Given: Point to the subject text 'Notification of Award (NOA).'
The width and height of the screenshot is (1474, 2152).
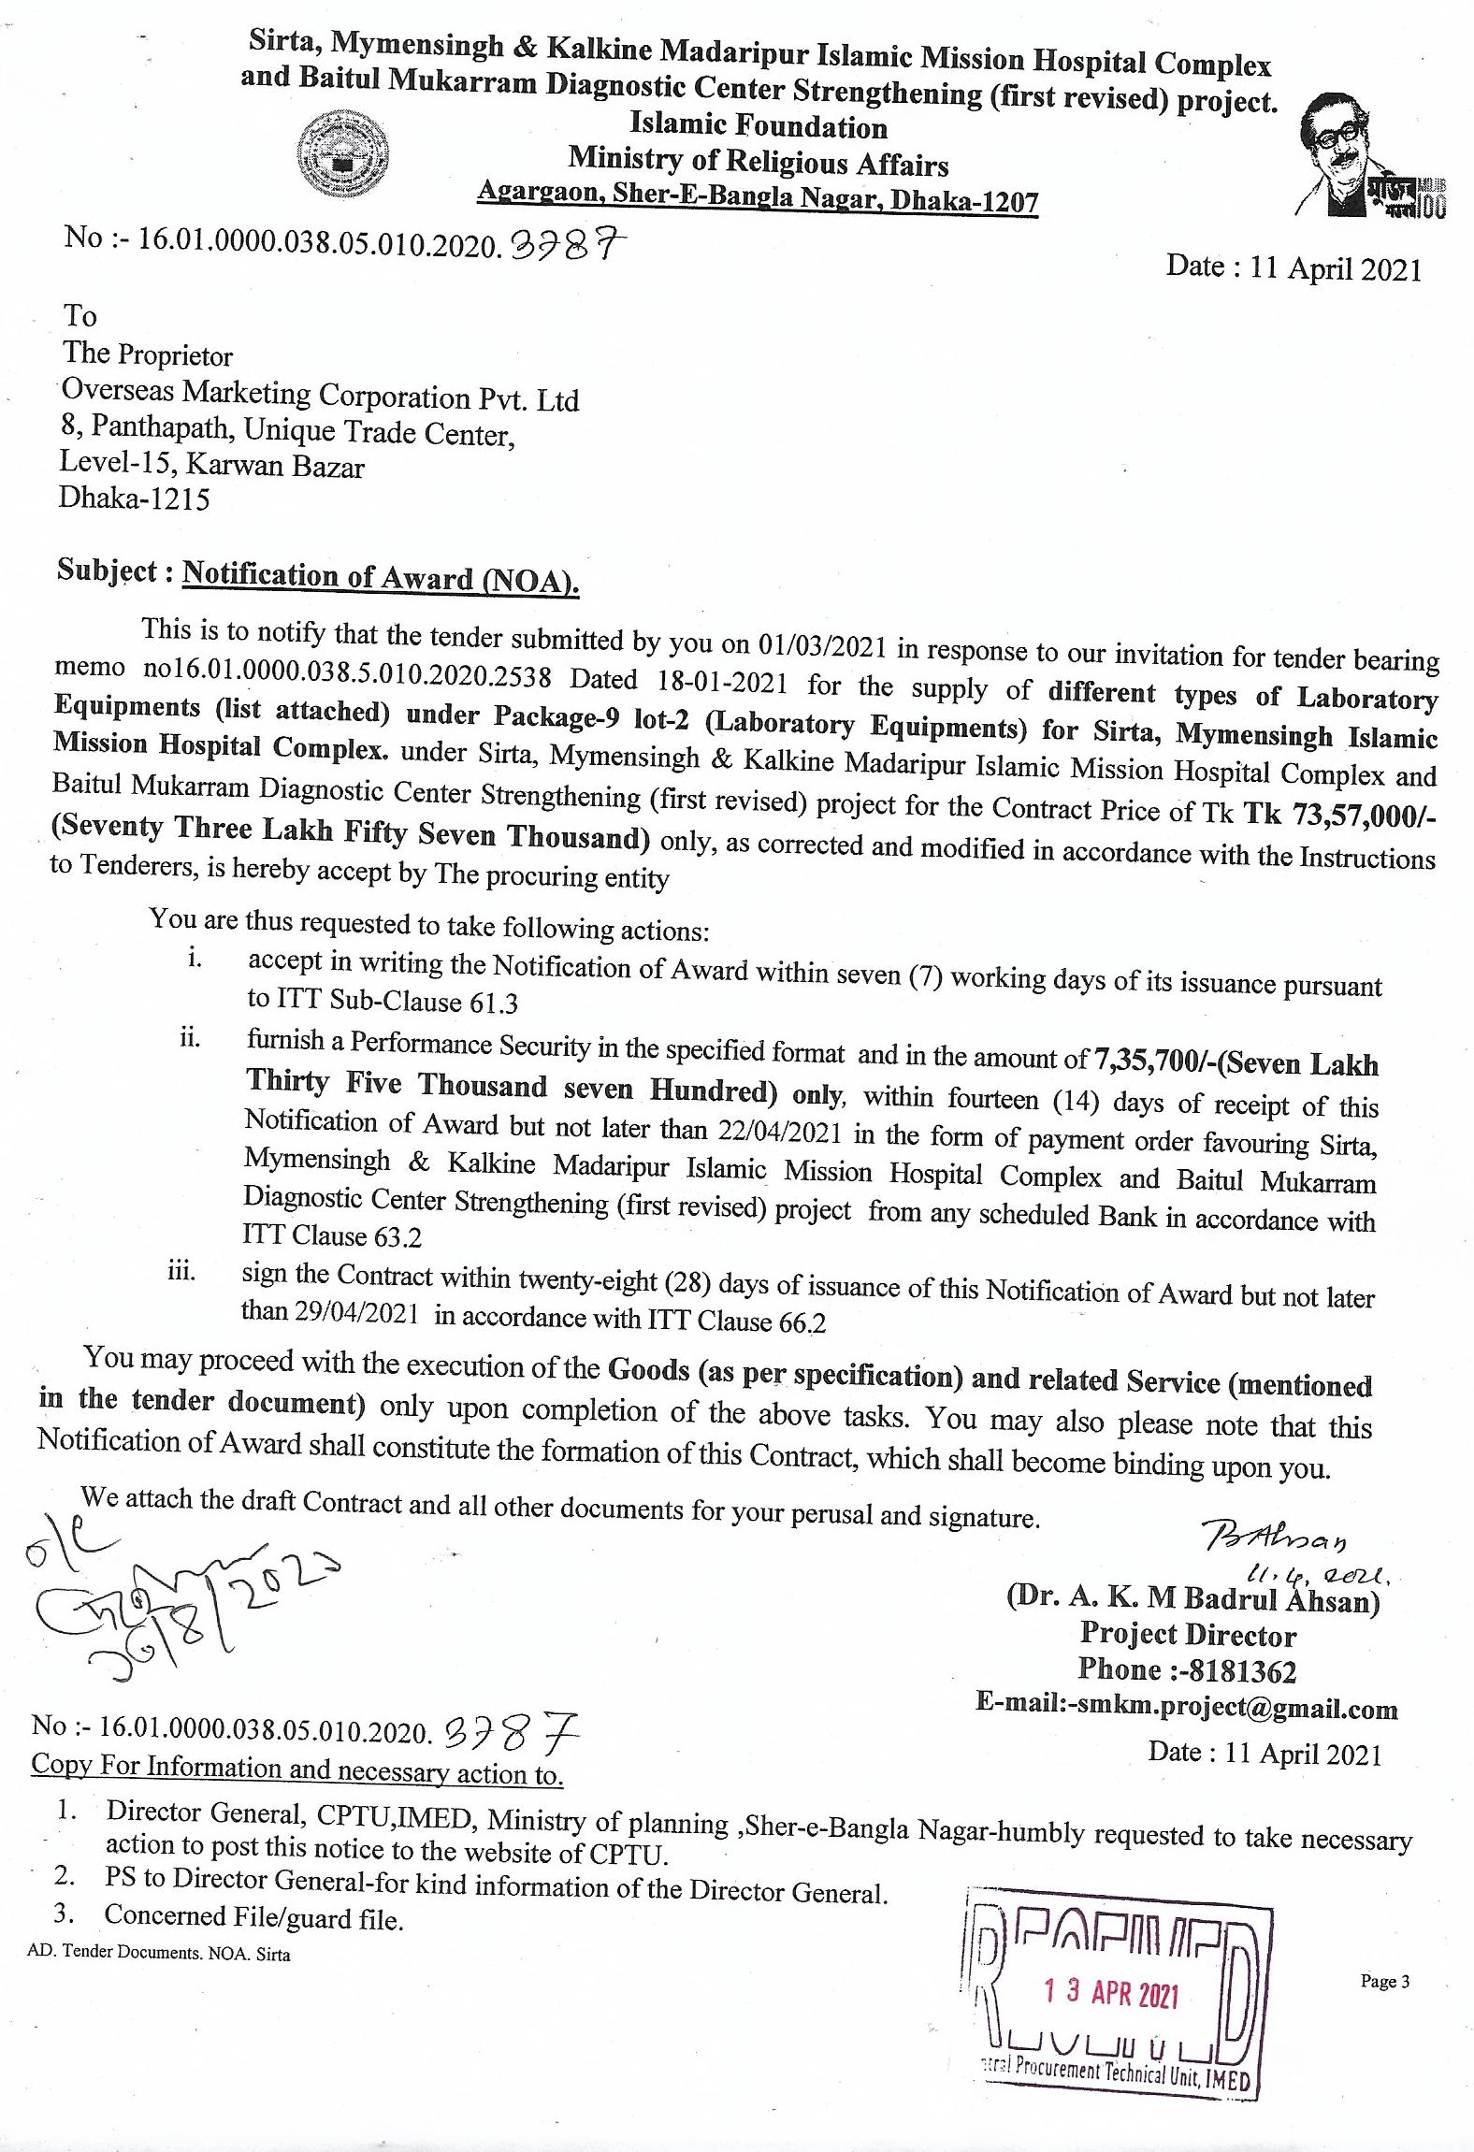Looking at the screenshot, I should tap(381, 577).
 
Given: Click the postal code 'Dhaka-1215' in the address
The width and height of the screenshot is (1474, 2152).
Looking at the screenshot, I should tap(135, 498).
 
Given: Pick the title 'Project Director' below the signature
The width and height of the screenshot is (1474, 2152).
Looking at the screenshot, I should tap(1188, 1634).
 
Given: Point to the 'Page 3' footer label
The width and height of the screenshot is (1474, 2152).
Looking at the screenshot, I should tap(1384, 1981).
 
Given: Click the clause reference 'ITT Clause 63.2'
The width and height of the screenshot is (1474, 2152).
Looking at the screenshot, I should tap(332, 1235).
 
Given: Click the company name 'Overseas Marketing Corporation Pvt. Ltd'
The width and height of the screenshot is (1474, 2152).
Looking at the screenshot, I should tap(320, 394).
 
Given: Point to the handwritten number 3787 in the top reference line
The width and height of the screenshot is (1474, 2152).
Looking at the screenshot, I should tap(566, 246).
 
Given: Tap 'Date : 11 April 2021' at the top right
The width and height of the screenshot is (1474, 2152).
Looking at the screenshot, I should tap(1293, 268).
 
